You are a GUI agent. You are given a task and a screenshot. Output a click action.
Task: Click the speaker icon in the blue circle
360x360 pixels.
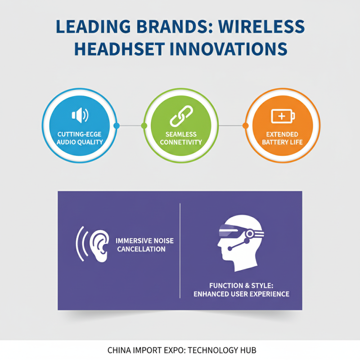[80, 116]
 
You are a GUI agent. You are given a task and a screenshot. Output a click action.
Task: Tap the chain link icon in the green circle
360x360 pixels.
[180, 117]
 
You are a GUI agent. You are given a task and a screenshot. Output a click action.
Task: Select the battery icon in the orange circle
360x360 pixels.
[283, 116]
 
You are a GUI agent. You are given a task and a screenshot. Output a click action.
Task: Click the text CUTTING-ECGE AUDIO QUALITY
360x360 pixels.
[80, 138]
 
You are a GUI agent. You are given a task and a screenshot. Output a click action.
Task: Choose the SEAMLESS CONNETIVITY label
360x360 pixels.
[180, 138]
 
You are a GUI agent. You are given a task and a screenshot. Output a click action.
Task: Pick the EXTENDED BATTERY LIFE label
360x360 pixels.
[282, 138]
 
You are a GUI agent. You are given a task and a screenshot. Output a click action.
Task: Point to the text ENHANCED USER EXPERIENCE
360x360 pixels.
[241, 294]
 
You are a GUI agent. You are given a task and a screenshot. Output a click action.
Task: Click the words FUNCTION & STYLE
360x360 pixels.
[241, 285]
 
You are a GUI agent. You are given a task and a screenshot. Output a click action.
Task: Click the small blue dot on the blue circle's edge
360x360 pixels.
[117, 126]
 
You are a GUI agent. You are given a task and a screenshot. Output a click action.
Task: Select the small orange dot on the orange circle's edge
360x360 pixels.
[246, 126]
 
